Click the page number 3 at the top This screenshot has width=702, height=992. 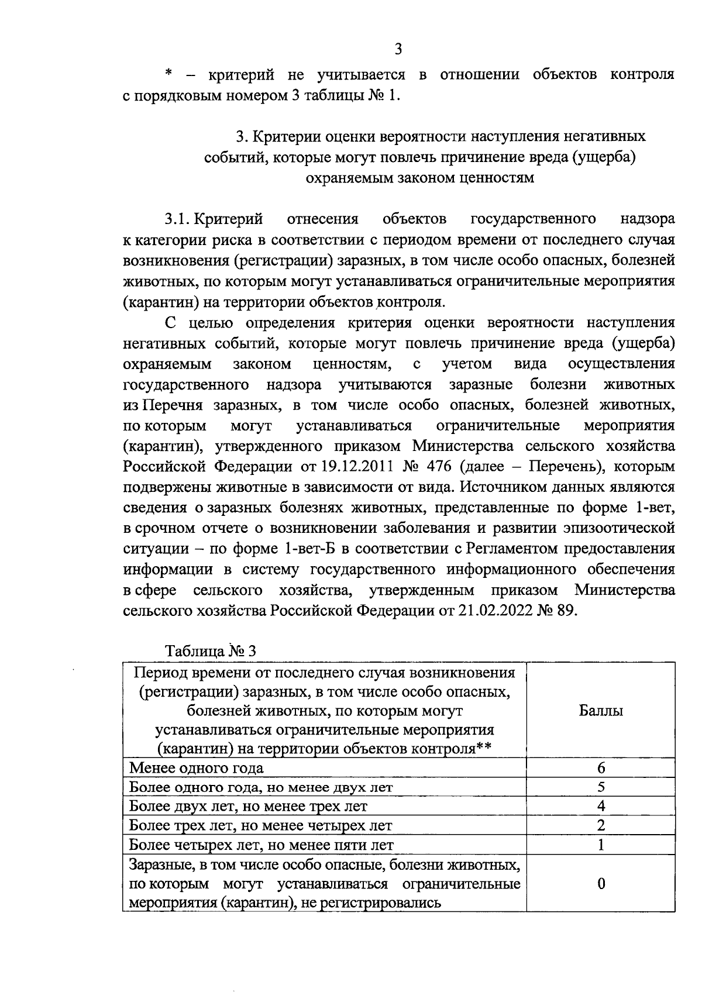(398, 49)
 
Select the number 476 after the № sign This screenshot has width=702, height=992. (439, 466)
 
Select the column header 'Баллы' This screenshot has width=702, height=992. (600, 711)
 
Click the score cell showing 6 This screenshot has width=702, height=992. (601, 768)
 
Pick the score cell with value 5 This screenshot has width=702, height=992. (601, 787)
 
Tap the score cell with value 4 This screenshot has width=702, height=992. (601, 806)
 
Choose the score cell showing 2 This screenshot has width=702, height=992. (601, 825)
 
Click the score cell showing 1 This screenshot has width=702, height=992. (601, 845)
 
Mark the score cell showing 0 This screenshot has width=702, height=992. (601, 883)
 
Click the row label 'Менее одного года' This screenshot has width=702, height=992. (197, 768)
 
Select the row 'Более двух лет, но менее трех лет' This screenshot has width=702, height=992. (248, 807)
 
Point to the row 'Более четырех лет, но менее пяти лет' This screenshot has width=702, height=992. (261, 845)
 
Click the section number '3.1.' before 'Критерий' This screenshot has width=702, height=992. (177, 219)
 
